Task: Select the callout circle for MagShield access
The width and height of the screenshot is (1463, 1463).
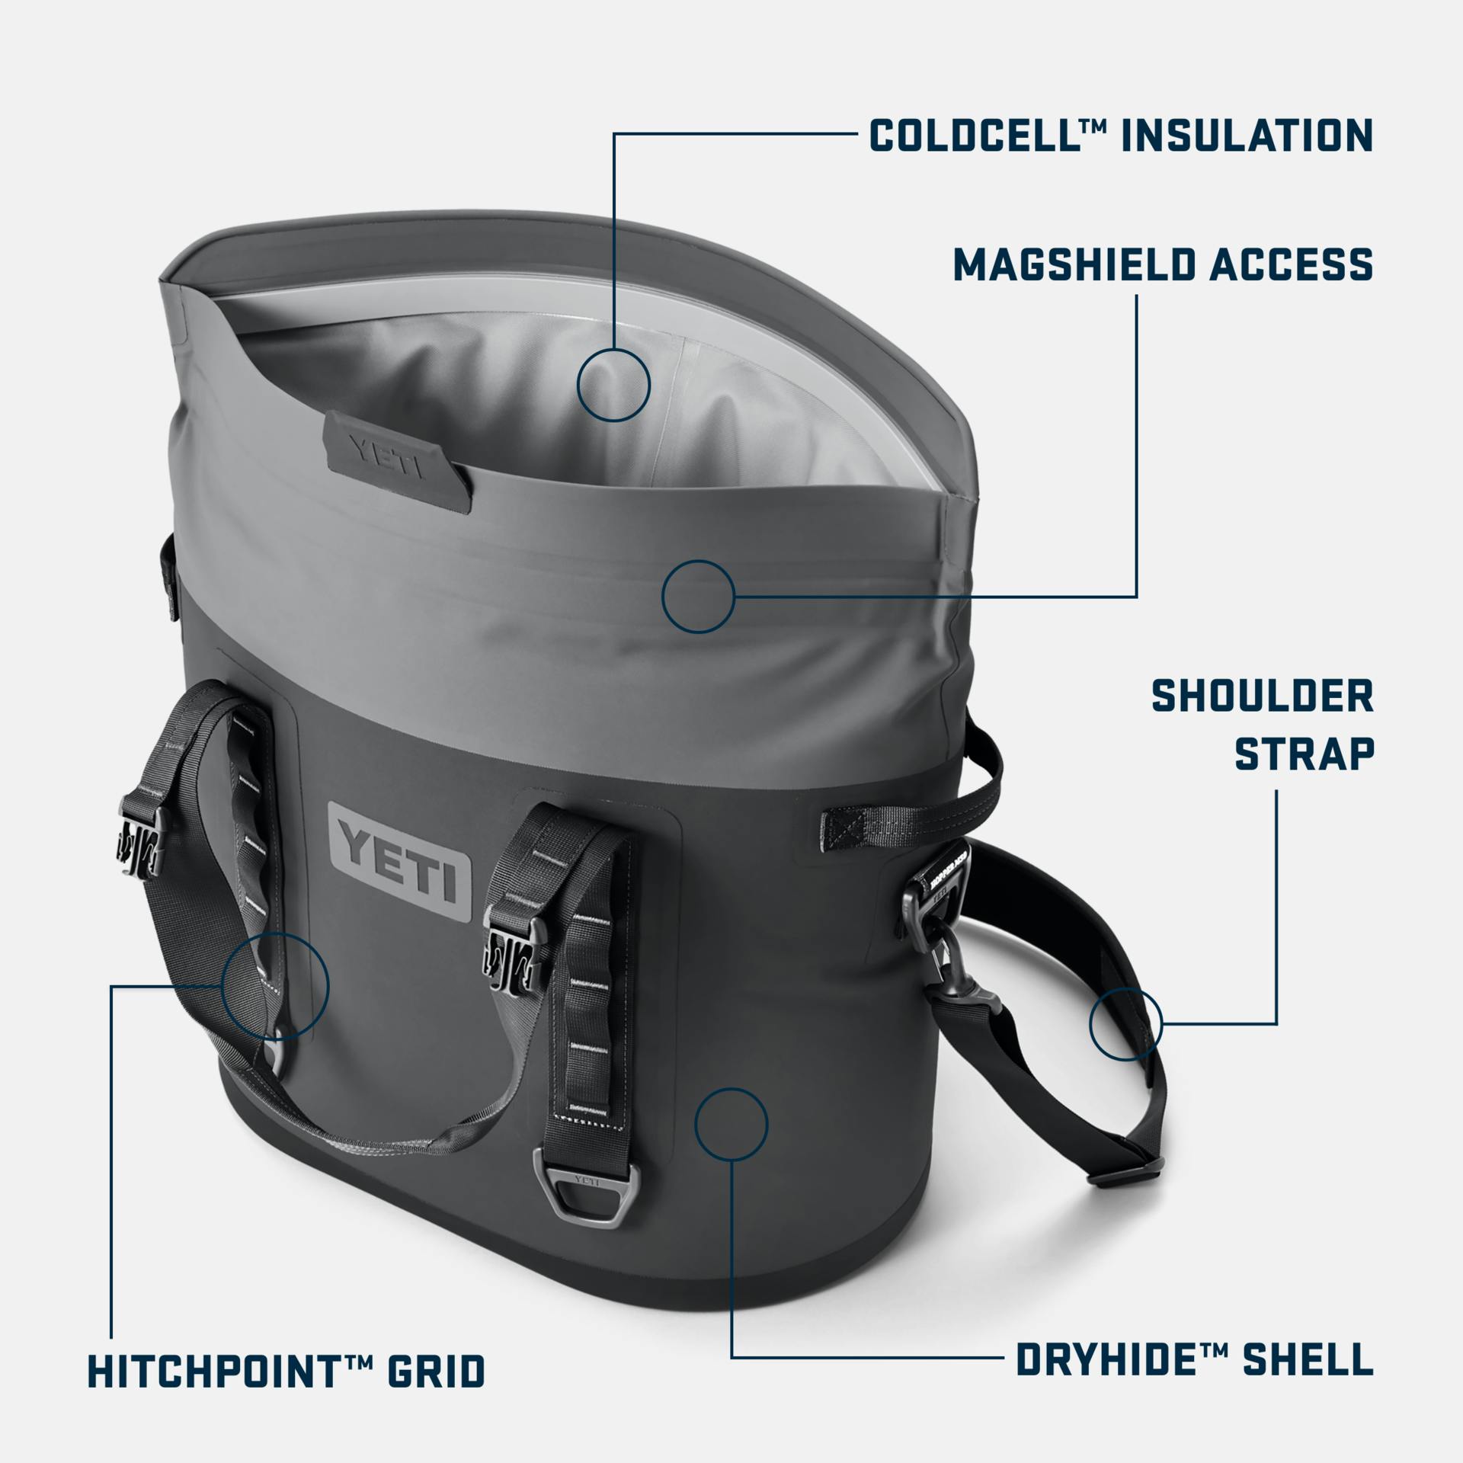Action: [698, 596]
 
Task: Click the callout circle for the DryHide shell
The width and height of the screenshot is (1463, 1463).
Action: [731, 1124]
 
